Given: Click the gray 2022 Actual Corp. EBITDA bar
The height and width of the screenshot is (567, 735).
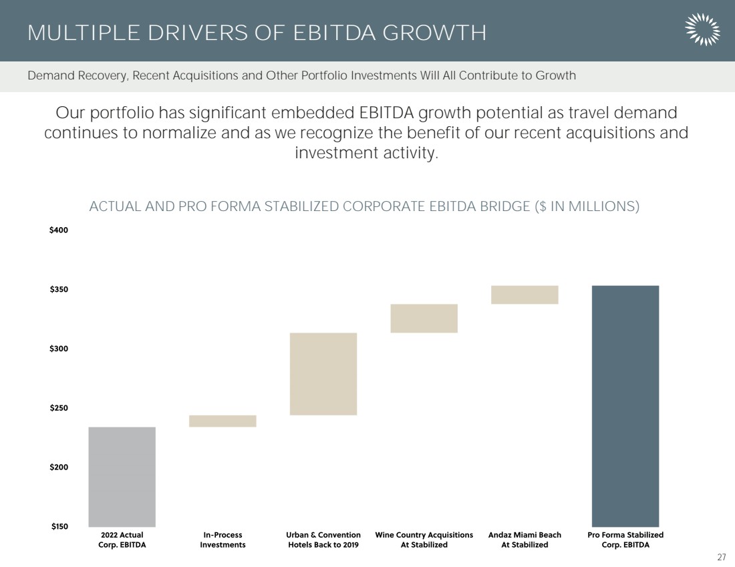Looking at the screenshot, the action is [x=122, y=477].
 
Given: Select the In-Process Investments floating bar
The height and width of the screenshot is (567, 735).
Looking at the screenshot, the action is [x=223, y=421].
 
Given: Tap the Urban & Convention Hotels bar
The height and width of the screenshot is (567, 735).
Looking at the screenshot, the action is [x=323, y=374].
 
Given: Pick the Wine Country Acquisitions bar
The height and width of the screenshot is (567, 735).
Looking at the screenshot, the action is [x=424, y=318].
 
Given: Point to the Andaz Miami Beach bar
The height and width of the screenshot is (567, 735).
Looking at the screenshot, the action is [x=525, y=295].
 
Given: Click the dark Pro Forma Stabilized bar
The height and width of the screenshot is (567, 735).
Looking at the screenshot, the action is [x=625, y=406].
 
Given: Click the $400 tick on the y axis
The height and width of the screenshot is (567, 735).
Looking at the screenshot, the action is [x=59, y=230].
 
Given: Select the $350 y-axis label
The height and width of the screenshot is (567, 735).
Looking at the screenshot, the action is [x=59, y=289].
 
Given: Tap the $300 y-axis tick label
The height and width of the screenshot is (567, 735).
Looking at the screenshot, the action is [x=59, y=349].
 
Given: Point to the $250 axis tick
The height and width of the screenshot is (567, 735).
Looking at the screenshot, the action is [x=59, y=407].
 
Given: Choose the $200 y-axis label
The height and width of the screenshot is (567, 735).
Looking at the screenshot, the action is [x=59, y=467].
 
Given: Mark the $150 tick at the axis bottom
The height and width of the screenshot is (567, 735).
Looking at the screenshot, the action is [x=59, y=526].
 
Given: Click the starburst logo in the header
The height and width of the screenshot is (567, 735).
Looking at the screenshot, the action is [x=702, y=29].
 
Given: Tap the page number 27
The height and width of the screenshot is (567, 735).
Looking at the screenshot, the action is [x=722, y=557].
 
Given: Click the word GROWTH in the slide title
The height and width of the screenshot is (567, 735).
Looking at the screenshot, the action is [x=434, y=33].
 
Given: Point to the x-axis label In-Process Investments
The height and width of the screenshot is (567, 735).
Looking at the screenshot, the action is [x=223, y=540].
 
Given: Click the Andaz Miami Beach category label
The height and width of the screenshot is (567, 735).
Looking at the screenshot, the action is [x=525, y=540].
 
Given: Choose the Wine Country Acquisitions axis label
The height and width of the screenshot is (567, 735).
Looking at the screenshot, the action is [x=424, y=540].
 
